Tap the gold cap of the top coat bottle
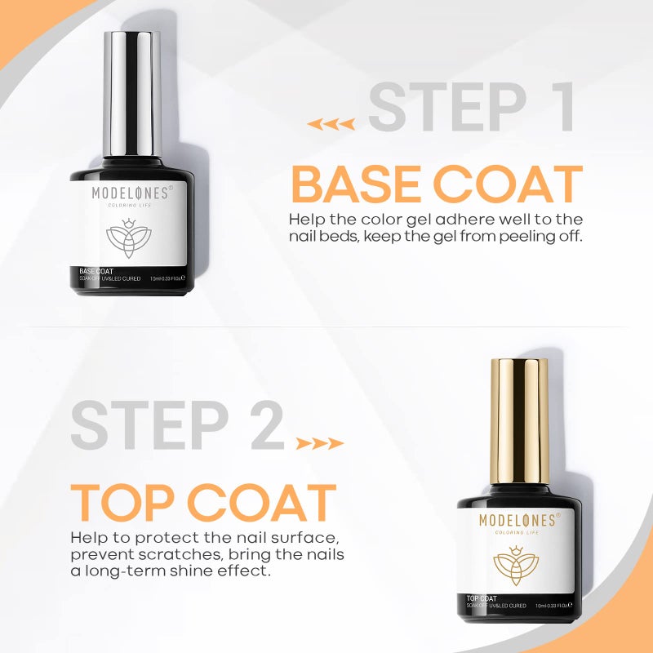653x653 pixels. pyautogui.click(x=518, y=420)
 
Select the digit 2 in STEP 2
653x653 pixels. pyautogui.click(x=266, y=426)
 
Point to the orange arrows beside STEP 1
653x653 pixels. pyautogui.click(x=331, y=124)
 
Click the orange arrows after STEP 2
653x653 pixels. pyautogui.click(x=319, y=444)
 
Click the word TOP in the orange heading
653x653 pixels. pyautogui.click(x=122, y=503)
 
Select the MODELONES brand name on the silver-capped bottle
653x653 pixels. pyautogui.click(x=131, y=193)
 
